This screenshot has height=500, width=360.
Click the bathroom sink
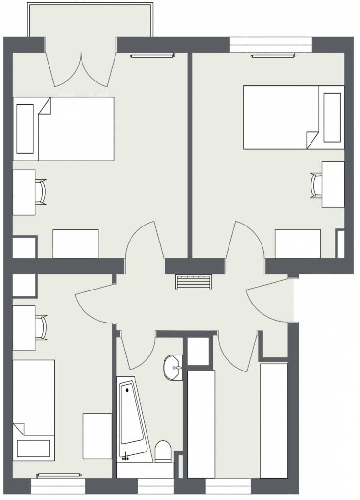point(173,367)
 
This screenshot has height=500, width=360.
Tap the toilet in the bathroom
point(163,451)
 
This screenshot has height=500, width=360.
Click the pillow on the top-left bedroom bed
point(25,129)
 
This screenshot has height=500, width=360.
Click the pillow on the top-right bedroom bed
point(332,117)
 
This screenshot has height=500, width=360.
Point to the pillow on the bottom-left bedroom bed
point(33,449)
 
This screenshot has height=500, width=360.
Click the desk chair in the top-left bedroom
point(41,192)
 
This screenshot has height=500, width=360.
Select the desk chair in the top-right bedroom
point(316,185)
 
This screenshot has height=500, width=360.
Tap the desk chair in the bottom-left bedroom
point(41,327)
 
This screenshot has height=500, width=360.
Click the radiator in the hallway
point(193,282)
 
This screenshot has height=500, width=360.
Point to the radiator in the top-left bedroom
point(151,56)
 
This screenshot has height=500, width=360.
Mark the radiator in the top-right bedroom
point(273,56)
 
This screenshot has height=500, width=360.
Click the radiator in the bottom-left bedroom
point(59,476)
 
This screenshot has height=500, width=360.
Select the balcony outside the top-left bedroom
point(90,19)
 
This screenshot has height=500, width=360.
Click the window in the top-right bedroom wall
point(271,45)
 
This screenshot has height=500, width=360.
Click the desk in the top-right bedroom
point(333,184)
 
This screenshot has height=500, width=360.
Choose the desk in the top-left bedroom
point(24,192)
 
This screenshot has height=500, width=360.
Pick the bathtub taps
point(126,456)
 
